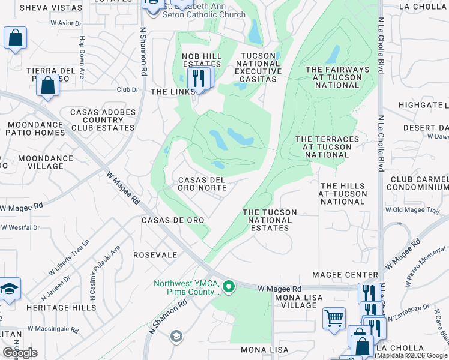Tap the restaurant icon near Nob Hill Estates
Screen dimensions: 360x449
click(197, 78)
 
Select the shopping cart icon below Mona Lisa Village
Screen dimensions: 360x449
click(334, 318)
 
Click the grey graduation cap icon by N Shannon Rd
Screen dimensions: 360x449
click(176, 335)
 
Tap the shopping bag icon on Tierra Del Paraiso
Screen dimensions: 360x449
click(47, 85)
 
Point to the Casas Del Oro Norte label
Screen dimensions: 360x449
click(202, 184)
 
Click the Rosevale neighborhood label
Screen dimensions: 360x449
click(155, 255)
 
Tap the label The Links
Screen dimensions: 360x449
click(173, 92)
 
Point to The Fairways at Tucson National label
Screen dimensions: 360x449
click(337, 77)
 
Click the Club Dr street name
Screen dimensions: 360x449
click(127, 90)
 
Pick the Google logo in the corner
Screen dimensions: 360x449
click(20, 353)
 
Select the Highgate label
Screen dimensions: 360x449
click(424, 105)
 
